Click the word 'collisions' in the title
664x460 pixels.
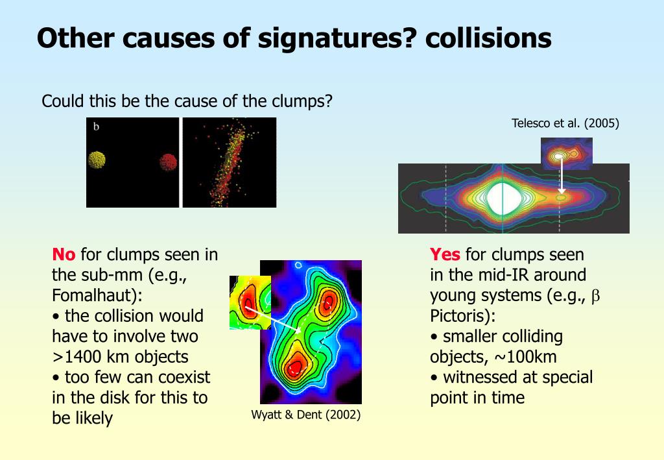pyautogui.click(x=488, y=38)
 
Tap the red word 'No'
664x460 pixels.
pyautogui.click(x=64, y=254)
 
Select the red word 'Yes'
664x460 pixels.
pyautogui.click(x=445, y=254)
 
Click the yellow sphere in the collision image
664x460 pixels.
pyautogui.click(x=97, y=160)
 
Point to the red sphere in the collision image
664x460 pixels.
pyautogui.click(x=168, y=162)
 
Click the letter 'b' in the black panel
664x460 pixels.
pyautogui.click(x=96, y=127)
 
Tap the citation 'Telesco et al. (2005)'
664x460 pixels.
pyautogui.click(x=565, y=123)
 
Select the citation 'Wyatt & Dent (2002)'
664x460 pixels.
pyautogui.click(x=306, y=414)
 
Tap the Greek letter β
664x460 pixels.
pyautogui.click(x=595, y=296)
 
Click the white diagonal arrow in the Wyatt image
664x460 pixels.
pyautogui.click(x=273, y=319)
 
